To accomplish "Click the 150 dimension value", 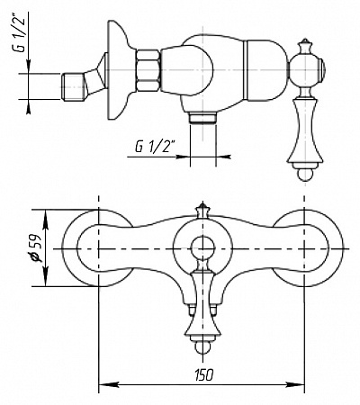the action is [204, 374].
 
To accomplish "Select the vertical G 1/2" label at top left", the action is [21, 32].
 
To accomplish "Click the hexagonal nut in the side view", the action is [148, 70].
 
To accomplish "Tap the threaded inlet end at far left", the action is [73, 86].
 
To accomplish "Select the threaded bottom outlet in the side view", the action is [203, 117].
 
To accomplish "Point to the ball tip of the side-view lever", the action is [305, 175].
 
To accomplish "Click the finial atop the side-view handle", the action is [305, 46].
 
